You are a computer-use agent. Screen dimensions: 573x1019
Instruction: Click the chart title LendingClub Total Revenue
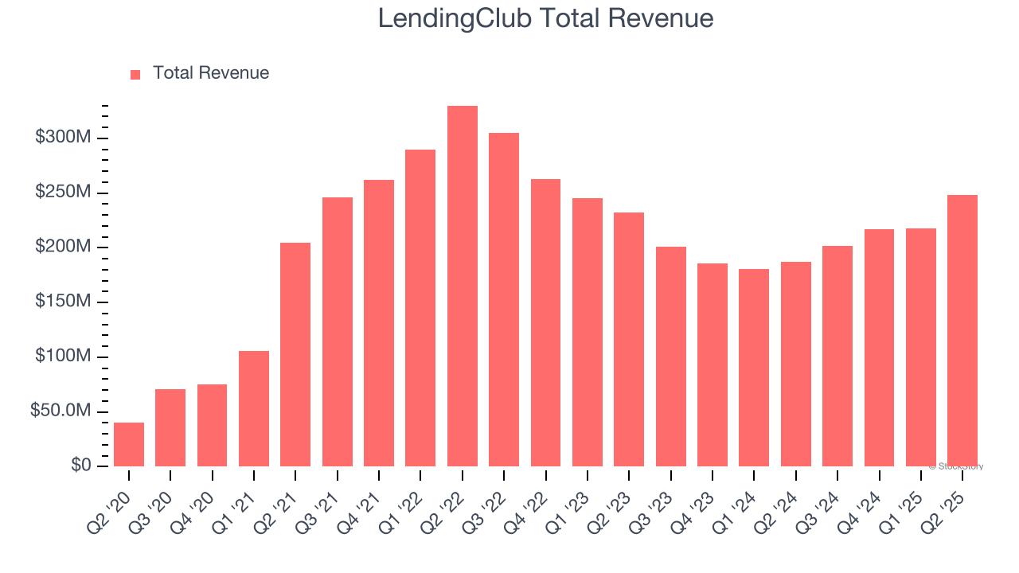545,18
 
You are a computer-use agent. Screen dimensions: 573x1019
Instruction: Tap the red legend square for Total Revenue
135,74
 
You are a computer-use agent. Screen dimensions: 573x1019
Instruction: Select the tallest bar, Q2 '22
463,286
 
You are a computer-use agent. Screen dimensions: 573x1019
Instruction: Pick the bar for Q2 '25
962,330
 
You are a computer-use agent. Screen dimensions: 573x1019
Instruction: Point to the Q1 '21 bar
254,408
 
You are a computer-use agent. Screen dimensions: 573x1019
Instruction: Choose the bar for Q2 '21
295,354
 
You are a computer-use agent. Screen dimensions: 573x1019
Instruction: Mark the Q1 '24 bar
754,368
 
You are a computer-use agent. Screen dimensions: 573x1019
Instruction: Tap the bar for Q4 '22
545,322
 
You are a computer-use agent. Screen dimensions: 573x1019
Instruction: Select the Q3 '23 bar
670,357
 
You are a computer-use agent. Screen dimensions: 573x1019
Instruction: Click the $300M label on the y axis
63,138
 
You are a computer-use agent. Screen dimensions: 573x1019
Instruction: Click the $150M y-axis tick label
63,302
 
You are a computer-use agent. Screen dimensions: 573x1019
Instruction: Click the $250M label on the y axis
63,193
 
